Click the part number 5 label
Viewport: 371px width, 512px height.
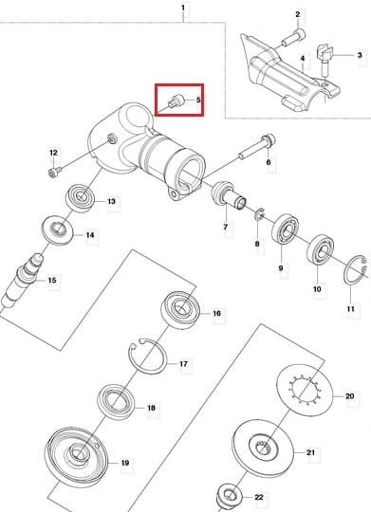tap(198, 100)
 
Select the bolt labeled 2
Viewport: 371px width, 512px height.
tap(293, 37)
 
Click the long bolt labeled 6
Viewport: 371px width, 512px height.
tap(257, 146)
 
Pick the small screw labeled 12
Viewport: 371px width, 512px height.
tap(55, 172)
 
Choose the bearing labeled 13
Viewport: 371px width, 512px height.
tap(81, 197)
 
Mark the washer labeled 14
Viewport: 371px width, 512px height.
tap(59, 229)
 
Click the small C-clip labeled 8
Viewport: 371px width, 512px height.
tap(259, 213)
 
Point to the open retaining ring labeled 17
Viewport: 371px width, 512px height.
tap(148, 357)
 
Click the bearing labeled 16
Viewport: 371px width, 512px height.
tap(181, 308)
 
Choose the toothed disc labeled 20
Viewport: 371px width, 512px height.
tap(305, 390)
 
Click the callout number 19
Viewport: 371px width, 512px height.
tap(125, 463)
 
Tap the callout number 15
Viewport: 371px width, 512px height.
tap(52, 280)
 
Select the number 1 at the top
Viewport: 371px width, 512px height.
tap(183, 8)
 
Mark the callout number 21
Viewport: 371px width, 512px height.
tap(310, 452)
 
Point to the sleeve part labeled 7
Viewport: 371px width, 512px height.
tap(227, 194)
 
